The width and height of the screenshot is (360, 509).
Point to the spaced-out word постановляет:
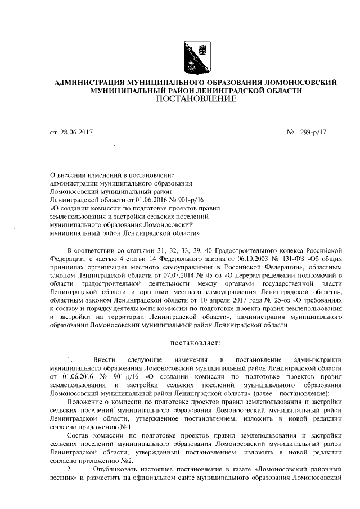[195, 342]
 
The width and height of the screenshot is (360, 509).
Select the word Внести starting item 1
[103, 359]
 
